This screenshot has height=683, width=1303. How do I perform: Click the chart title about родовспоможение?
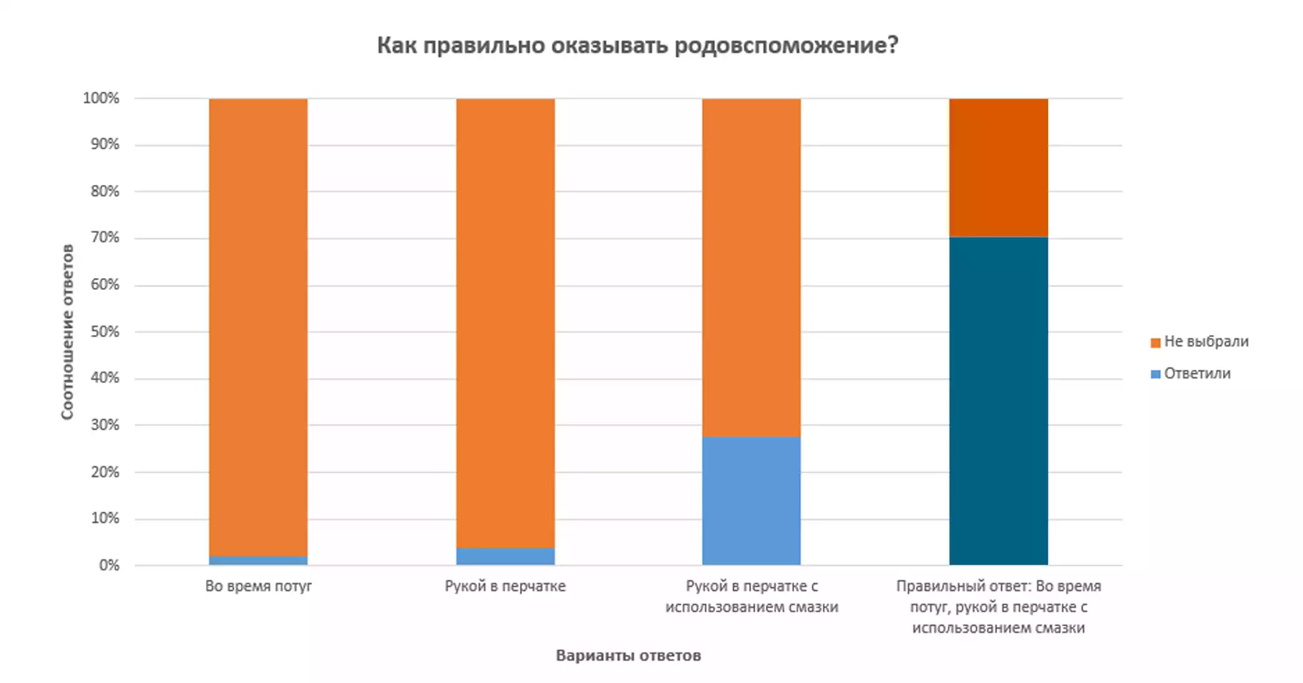(x=637, y=46)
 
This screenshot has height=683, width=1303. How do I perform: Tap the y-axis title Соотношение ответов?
(x=67, y=331)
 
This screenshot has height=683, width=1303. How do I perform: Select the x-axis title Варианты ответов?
(x=628, y=655)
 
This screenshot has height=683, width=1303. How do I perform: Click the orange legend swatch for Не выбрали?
(x=1155, y=342)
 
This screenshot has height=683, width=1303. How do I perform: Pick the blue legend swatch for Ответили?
(x=1155, y=374)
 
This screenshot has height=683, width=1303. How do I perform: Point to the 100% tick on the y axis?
(x=101, y=98)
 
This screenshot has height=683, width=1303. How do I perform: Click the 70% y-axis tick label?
(x=104, y=237)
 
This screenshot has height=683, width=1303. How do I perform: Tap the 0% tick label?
(x=109, y=565)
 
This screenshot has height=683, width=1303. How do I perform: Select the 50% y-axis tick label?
(x=104, y=331)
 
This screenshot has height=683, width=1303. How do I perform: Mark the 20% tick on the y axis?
(x=104, y=472)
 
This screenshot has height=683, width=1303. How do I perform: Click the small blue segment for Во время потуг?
(x=258, y=560)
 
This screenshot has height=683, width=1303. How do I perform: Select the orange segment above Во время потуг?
(x=258, y=325)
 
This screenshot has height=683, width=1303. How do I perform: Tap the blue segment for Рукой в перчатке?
(x=505, y=556)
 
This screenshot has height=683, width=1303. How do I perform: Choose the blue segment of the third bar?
(x=751, y=500)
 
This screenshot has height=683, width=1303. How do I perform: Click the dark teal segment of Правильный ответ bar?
(x=998, y=400)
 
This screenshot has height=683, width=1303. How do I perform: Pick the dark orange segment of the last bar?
(x=998, y=167)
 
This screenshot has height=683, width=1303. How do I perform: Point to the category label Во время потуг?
(x=258, y=586)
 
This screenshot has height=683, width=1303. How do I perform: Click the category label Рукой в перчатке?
(x=505, y=586)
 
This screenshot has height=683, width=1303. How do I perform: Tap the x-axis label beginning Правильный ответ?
(x=998, y=606)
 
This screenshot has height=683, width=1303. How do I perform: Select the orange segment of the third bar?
(x=751, y=267)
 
